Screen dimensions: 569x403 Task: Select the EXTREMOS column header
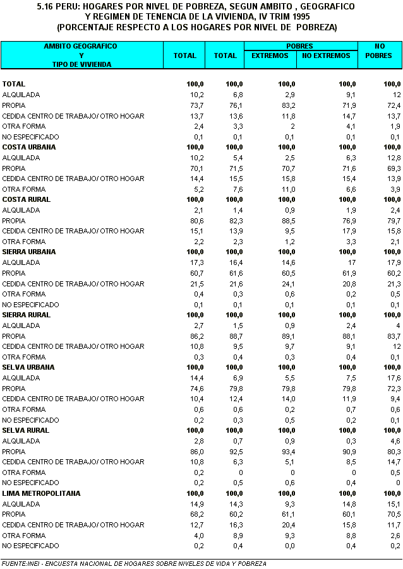tap(270, 56)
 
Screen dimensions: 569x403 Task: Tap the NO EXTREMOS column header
tap(326, 56)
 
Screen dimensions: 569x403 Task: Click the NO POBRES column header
tap(380, 51)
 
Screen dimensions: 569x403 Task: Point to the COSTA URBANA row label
tap(29, 147)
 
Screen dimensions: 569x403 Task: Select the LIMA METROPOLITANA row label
tap(42, 493)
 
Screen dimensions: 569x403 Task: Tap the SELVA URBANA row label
tap(29, 367)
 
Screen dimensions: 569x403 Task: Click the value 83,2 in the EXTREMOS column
tap(287, 105)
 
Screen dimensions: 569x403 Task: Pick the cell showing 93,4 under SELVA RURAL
tap(287, 452)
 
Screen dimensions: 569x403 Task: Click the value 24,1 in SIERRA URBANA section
tap(287, 283)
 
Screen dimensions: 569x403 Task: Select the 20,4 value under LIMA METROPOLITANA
tap(287, 525)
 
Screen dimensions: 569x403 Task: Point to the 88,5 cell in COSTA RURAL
tap(287, 220)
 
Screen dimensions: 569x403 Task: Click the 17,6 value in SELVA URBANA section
tap(394, 378)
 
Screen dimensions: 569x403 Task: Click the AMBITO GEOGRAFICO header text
tap(80, 47)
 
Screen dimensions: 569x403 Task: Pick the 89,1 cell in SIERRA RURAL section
tap(287, 336)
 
